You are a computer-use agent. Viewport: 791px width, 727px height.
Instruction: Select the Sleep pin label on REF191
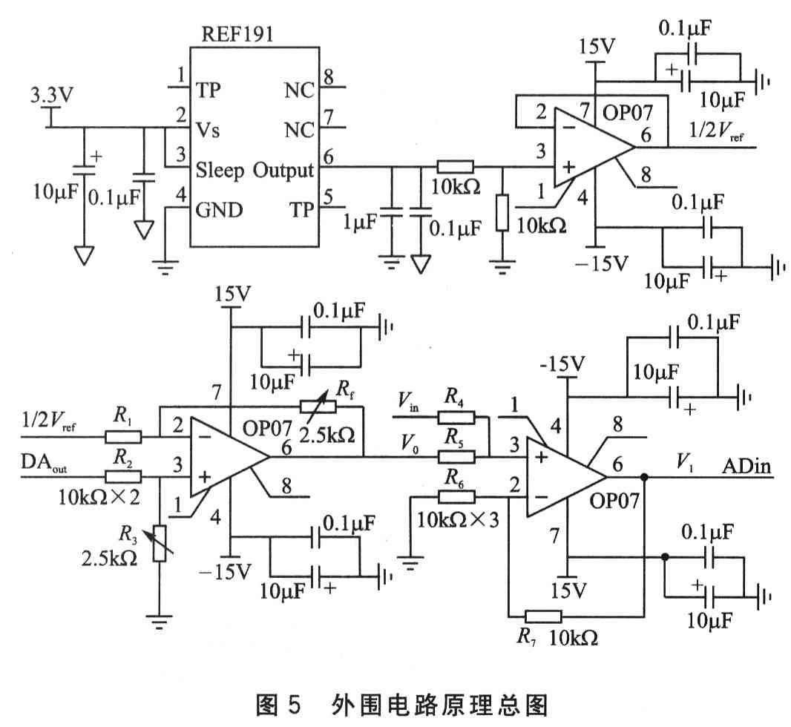click(x=220, y=171)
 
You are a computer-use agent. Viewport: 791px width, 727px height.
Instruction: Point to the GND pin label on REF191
click(x=219, y=209)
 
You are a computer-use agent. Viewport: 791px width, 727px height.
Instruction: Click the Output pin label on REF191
click(x=283, y=171)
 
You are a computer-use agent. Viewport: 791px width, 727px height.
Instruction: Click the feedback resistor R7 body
click(x=543, y=615)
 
